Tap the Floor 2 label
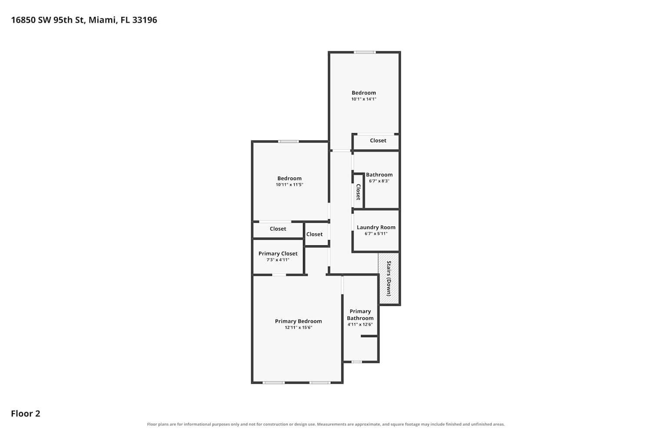[x=26, y=413]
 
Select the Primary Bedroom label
[x=298, y=321]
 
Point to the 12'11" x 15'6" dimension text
[x=298, y=328]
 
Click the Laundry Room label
[x=376, y=227]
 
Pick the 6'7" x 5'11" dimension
[x=376, y=234]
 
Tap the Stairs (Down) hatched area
[x=389, y=278]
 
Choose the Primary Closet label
[x=278, y=254]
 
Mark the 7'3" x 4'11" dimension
[x=278, y=260]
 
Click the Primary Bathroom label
[x=360, y=315]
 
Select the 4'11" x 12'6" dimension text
[x=360, y=325]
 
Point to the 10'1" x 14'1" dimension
[x=364, y=99]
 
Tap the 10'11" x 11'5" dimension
[x=289, y=184]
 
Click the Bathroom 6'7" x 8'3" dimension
[x=379, y=181]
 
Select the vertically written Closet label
[x=358, y=192]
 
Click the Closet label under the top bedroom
[x=378, y=141]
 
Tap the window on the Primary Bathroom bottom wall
[x=356, y=362]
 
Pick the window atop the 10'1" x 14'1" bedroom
[x=365, y=53]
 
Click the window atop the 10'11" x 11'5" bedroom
[x=289, y=142]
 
